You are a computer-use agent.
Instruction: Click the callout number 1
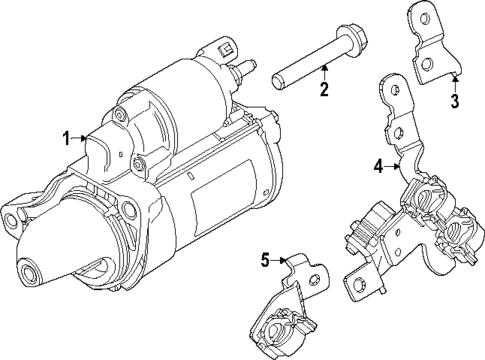click(67, 139)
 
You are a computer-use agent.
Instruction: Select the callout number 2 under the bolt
click(323, 92)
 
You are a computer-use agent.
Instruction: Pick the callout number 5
click(266, 261)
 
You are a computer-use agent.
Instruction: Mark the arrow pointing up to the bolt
click(323, 72)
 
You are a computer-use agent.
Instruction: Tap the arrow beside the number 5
click(282, 262)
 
